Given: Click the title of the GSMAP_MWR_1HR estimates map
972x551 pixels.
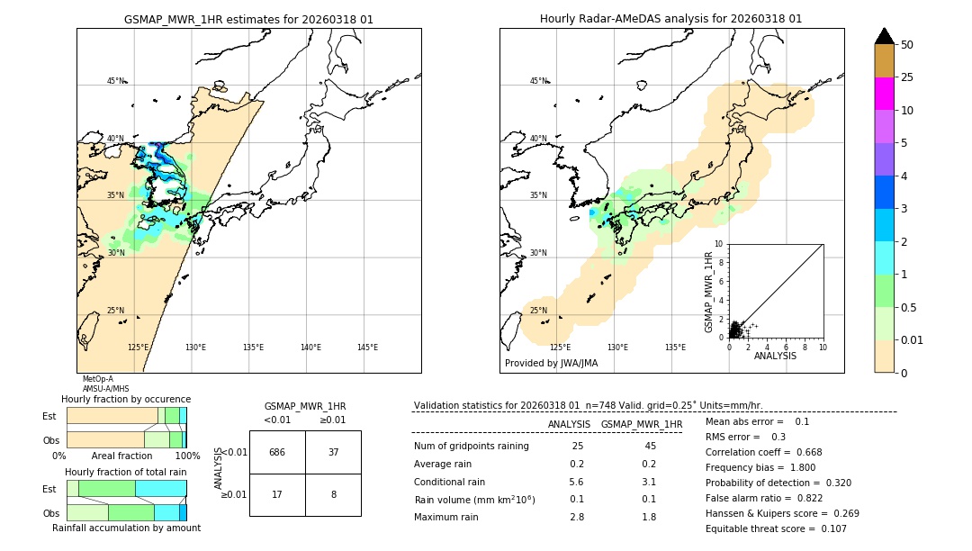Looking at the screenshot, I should [x=248, y=19].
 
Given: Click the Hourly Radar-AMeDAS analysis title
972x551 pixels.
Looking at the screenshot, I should [x=670, y=19].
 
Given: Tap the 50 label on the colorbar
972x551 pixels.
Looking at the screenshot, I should [x=907, y=45].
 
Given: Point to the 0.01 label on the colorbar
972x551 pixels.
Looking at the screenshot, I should [x=913, y=339].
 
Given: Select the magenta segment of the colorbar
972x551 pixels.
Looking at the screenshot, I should [x=884, y=94].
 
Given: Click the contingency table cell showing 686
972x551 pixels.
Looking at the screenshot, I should [x=277, y=452].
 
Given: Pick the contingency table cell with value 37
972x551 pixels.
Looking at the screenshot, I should [x=333, y=452].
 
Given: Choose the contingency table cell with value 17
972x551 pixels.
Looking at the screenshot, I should [x=277, y=494].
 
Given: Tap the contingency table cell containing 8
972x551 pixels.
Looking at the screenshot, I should [x=333, y=494].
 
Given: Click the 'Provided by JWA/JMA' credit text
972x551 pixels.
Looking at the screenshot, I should [x=551, y=364].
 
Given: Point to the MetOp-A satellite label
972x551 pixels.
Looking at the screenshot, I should [x=98, y=379].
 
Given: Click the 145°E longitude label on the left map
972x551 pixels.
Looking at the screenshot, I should [x=367, y=348].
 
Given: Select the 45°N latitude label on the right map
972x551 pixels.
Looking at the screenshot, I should [x=538, y=81].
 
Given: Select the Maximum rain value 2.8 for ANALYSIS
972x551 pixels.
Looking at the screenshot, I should [x=577, y=517].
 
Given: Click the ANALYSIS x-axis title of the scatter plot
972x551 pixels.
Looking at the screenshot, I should [x=775, y=356].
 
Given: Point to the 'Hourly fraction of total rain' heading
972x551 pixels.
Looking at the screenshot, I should [x=126, y=472].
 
